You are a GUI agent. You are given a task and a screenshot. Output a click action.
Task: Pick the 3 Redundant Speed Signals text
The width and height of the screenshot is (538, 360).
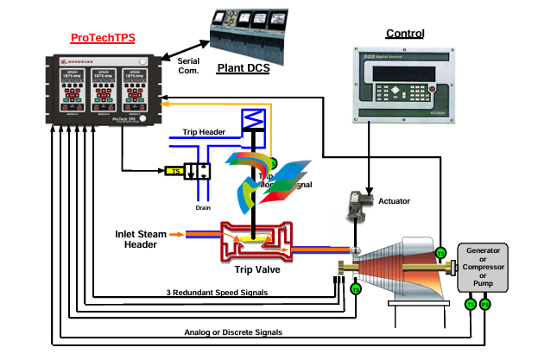pyautogui.click(x=215, y=293)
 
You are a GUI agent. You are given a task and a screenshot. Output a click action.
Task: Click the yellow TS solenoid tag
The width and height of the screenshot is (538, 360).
pyautogui.click(x=176, y=170)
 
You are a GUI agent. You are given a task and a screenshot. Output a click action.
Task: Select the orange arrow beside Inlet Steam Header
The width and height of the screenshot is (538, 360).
pyautogui.click(x=176, y=233)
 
